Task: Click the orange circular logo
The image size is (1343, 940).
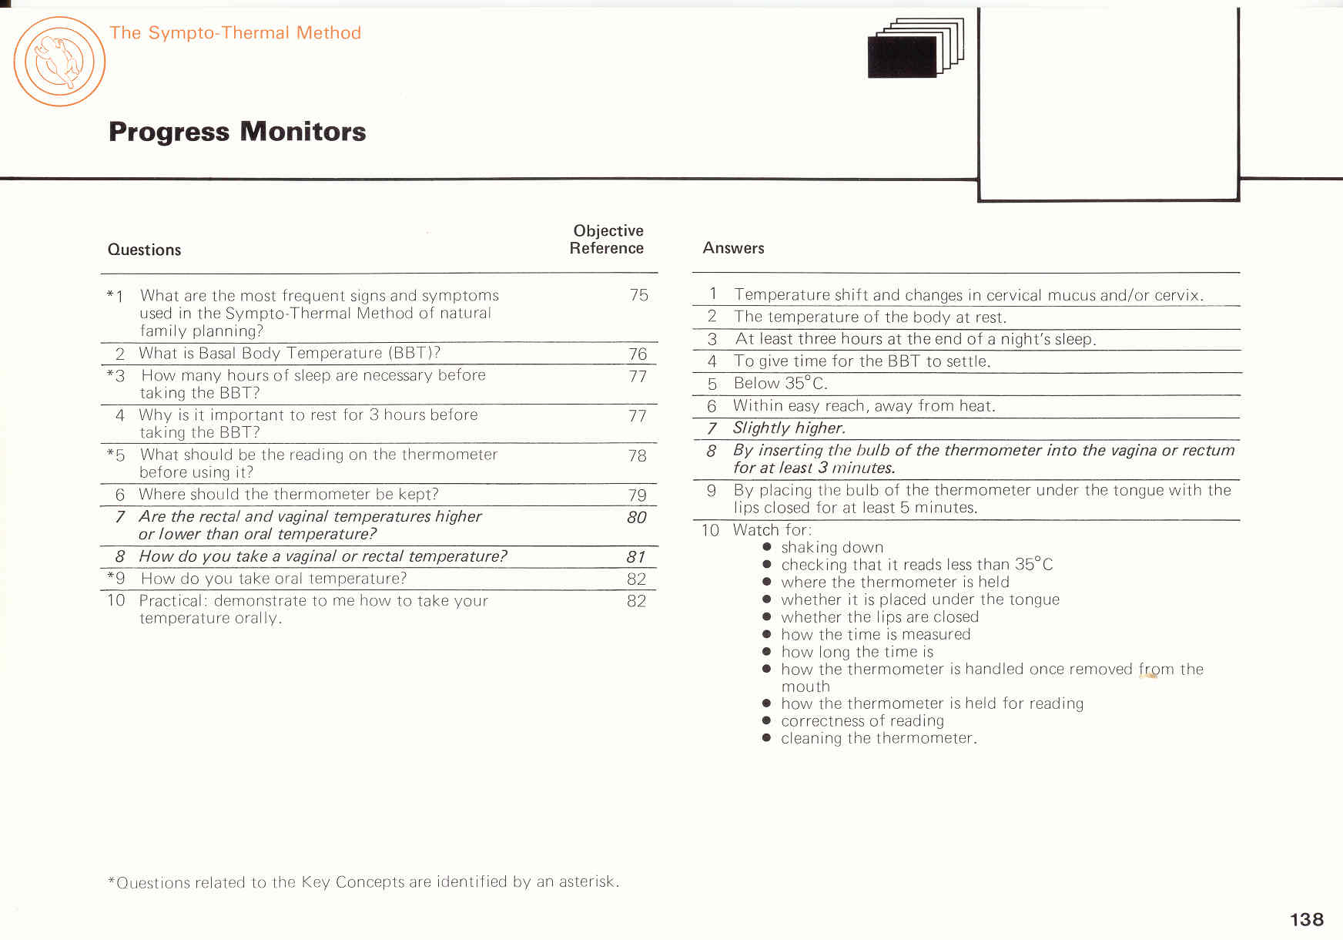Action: click(x=59, y=62)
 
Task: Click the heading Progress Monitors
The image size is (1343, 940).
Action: click(x=237, y=132)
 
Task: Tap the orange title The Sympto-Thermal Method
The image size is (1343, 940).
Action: click(x=235, y=33)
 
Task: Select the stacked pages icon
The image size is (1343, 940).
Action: click(x=915, y=49)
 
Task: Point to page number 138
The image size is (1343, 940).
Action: click(x=1306, y=919)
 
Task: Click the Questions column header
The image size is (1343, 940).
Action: click(x=144, y=250)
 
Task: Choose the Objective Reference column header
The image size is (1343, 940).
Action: click(x=607, y=239)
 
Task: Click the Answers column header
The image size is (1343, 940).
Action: click(x=733, y=248)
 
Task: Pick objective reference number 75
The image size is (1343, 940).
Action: click(x=638, y=295)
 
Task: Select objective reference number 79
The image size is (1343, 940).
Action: click(x=637, y=495)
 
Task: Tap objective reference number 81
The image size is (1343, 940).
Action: click(x=635, y=556)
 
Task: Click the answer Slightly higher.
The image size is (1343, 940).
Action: click(x=789, y=428)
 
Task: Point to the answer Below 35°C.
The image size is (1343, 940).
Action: click(x=780, y=384)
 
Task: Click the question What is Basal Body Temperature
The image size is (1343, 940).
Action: click(x=289, y=354)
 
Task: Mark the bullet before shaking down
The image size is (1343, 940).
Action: click(x=766, y=547)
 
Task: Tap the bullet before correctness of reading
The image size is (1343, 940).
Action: click(x=766, y=720)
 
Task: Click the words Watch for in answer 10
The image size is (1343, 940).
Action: click(x=772, y=530)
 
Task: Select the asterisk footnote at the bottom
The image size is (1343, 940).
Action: click(x=363, y=881)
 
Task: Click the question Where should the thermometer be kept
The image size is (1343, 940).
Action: click(x=288, y=495)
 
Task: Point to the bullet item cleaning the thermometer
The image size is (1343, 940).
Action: click(x=878, y=738)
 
